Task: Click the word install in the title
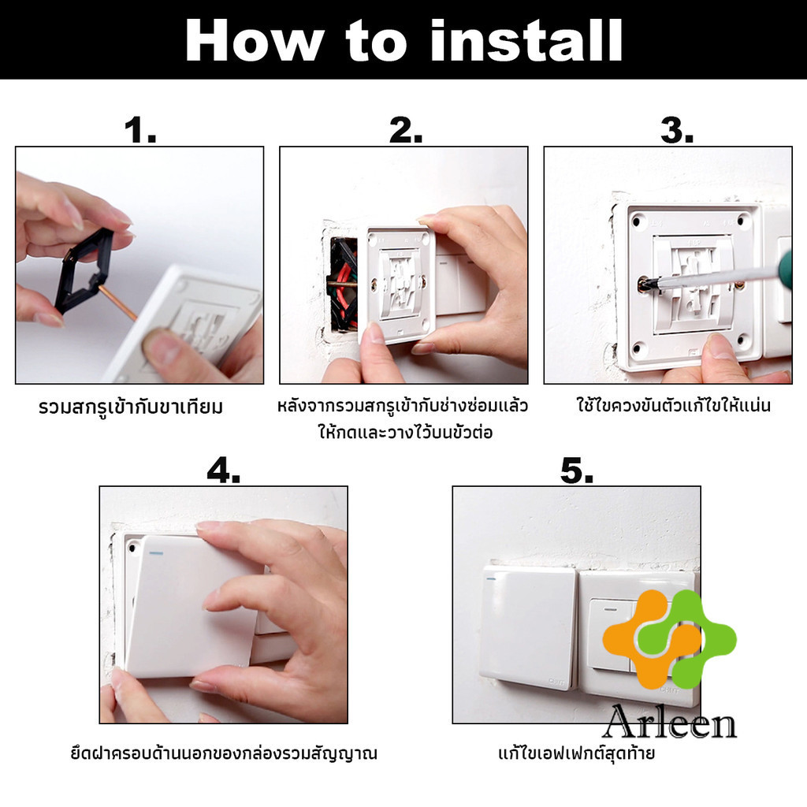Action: pos(526,41)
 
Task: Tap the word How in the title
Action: pos(255,41)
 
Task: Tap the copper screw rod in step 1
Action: pos(117,303)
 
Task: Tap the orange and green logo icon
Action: pos(669,639)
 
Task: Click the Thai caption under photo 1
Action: pos(131,407)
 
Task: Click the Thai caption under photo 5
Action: pos(576,753)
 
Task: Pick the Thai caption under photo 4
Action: pos(224,753)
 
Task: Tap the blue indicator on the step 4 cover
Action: pos(154,554)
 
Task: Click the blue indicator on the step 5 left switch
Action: pos(489,578)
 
